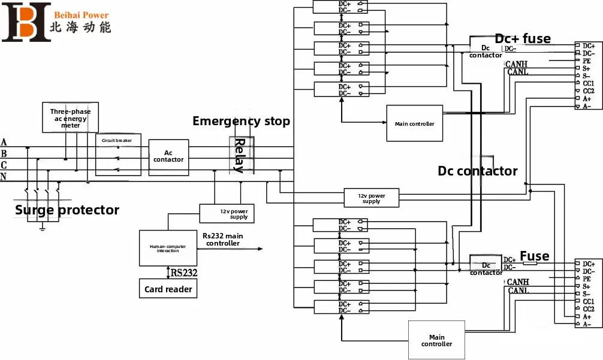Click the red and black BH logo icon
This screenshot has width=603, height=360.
tap(26, 22)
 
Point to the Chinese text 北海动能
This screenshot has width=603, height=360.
tap(80, 28)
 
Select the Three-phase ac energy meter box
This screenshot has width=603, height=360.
tap(70, 118)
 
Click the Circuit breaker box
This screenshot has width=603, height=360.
tap(118, 155)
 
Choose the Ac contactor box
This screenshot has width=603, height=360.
tap(168, 156)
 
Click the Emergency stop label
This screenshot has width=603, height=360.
tap(241, 121)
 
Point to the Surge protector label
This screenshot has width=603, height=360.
tap(67, 210)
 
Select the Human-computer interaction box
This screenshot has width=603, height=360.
tap(168, 248)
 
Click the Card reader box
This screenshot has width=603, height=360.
tap(168, 289)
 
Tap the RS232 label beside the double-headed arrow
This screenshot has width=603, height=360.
tap(185, 273)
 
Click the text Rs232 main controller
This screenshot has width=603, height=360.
tap(223, 240)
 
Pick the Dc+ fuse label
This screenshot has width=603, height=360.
tap(522, 38)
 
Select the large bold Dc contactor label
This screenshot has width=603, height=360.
tap(477, 171)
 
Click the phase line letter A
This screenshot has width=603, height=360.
tap(4, 143)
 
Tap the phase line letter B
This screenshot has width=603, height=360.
tap(4, 154)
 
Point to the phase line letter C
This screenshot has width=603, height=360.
tap(4, 165)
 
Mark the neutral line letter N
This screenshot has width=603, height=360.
tap(4, 177)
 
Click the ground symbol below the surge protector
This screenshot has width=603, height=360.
tap(43, 227)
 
